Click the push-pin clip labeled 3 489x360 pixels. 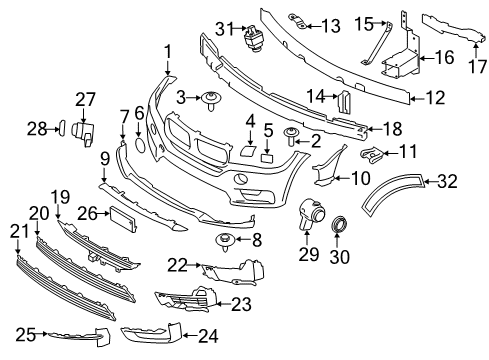212,99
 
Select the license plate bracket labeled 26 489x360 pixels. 123,218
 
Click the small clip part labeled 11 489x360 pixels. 368,153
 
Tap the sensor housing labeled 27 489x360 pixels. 84,130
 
